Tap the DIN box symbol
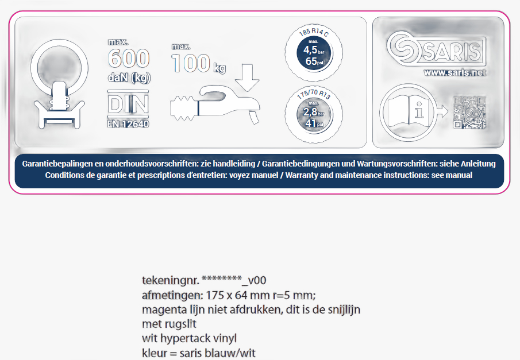coord(128,104)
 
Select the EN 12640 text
coord(128,123)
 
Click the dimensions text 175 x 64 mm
coord(237,296)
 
